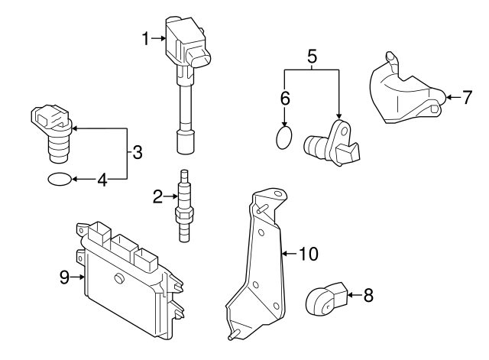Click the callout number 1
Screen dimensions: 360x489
(x=146, y=37)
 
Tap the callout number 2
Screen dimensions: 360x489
(x=157, y=198)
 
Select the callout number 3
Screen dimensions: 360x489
(x=138, y=152)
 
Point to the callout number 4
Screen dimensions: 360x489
(x=102, y=180)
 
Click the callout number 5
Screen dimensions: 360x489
(x=311, y=55)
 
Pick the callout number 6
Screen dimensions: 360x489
(x=285, y=98)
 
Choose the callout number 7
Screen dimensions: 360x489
(x=468, y=97)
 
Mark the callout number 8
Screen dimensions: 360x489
(x=368, y=294)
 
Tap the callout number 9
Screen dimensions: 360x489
(x=65, y=277)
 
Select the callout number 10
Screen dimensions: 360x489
(x=308, y=252)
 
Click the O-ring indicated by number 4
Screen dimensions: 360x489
(x=60, y=180)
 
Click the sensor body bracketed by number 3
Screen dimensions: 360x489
(x=53, y=134)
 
